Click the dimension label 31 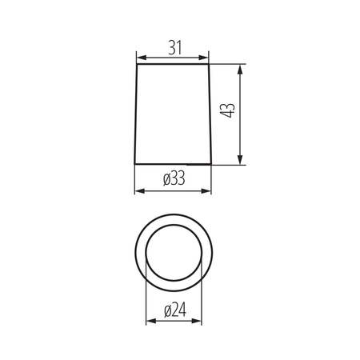(x=174, y=48)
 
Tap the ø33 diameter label (x=174, y=180)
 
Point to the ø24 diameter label (x=174, y=311)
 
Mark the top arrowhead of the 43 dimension (x=241, y=69)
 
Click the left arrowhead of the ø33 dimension (x=138, y=190)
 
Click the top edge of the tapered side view (x=174, y=66)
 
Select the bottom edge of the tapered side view (x=174, y=165)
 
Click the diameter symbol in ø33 (x=165, y=181)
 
